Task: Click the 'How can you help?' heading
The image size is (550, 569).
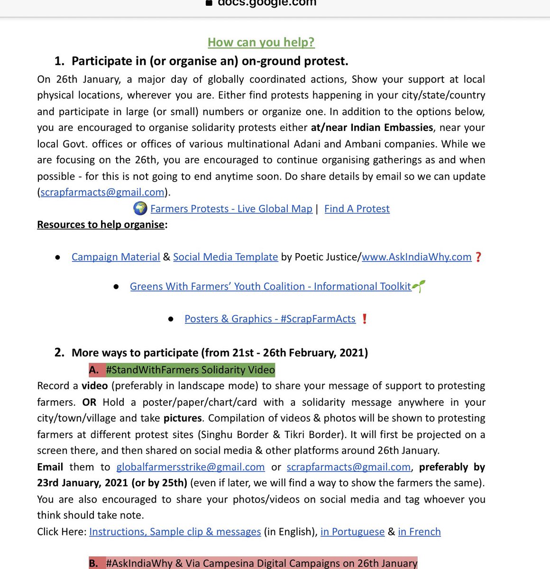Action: (261, 42)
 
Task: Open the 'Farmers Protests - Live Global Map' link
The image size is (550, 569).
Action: (231, 209)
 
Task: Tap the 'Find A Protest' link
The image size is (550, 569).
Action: (357, 209)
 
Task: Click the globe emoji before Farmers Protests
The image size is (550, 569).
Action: (140, 209)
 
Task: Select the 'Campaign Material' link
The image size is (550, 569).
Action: (116, 257)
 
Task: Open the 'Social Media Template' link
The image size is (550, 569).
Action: (225, 257)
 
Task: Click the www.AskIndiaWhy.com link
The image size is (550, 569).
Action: (416, 257)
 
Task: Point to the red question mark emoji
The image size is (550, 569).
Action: (478, 257)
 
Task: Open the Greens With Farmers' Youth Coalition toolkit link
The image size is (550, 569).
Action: (270, 286)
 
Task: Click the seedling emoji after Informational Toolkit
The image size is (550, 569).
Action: (419, 286)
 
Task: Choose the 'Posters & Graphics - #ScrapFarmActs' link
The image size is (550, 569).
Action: (270, 319)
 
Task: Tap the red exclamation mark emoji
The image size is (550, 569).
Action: (364, 319)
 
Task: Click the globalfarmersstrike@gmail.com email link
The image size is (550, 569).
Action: (190, 467)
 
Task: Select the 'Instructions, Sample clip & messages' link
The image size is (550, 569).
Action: (175, 532)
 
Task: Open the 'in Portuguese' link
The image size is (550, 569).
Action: (352, 532)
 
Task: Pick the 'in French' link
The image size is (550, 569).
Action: (419, 532)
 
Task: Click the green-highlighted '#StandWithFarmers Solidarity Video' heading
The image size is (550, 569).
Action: (190, 370)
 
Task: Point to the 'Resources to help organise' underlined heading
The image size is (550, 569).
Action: (101, 225)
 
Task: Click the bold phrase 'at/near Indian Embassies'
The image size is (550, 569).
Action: (372, 128)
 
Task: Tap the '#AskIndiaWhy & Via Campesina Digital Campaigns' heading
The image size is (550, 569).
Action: (261, 563)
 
